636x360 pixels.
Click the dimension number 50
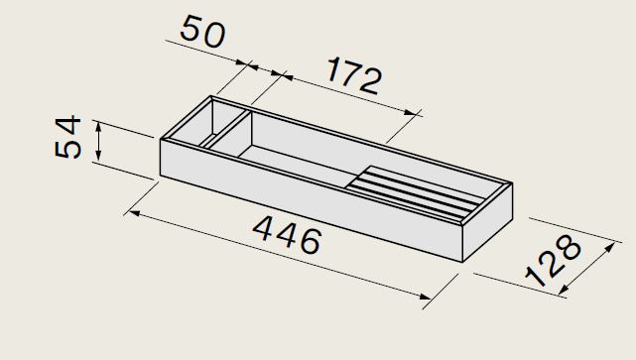coord(202,31)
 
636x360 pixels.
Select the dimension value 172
coord(353,75)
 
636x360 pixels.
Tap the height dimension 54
coord(68,137)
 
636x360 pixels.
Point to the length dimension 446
coord(287,235)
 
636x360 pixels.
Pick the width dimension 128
coord(554,260)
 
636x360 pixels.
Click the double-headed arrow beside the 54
coord(98,141)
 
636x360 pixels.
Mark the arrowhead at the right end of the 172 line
coord(411,112)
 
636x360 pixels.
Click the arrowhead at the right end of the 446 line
coord(425,297)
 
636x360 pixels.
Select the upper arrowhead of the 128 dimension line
coord(609,247)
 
